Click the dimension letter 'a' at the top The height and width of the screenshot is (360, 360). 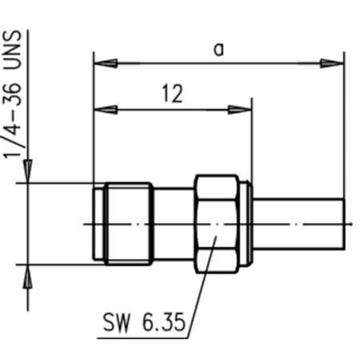[218, 50]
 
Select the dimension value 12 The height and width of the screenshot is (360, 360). [171, 94]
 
